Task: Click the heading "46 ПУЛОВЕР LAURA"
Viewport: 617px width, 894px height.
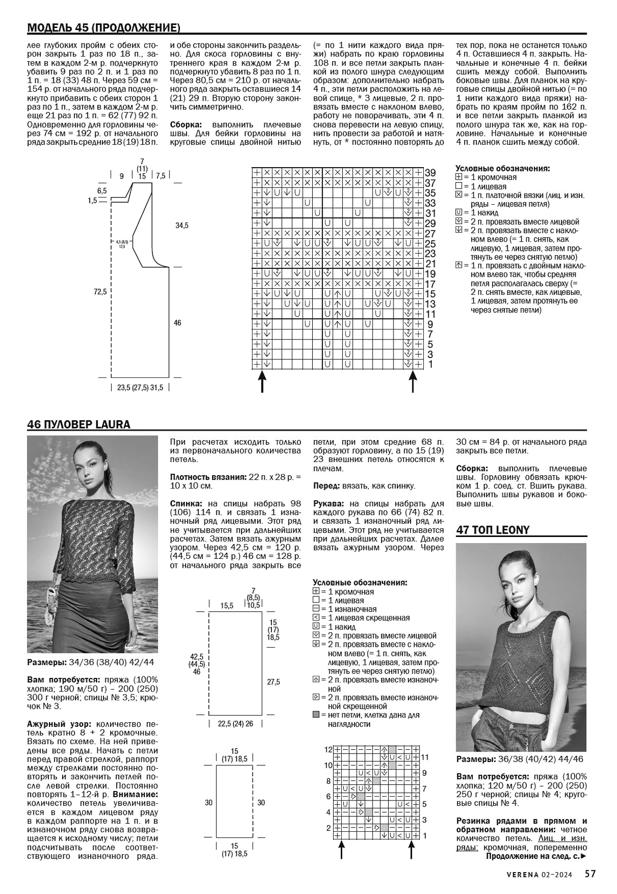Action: tap(79, 424)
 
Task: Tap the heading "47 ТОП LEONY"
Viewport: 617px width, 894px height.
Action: tap(493, 530)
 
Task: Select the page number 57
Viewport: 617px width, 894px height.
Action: tap(590, 874)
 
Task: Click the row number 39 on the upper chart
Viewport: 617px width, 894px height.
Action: tap(430, 173)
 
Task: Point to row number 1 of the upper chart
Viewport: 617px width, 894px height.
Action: tap(430, 365)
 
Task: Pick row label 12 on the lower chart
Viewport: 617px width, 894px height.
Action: tap(328, 750)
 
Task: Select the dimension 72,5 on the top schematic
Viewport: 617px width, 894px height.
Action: tap(100, 292)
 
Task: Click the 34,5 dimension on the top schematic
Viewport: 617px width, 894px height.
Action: tap(182, 226)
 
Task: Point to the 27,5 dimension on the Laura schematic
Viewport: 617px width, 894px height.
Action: tap(273, 682)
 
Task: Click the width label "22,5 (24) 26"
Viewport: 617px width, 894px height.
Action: tap(235, 724)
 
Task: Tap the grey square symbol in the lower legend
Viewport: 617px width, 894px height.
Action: tap(317, 715)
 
